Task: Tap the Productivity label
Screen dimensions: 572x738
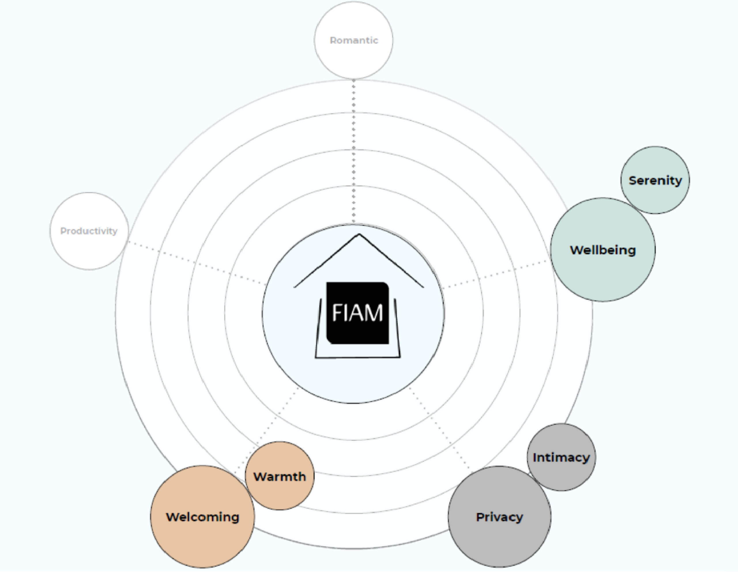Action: (89, 231)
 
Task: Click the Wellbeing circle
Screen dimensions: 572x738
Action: (603, 270)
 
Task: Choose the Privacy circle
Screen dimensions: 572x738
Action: (499, 537)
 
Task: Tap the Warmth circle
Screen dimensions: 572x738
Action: (279, 493)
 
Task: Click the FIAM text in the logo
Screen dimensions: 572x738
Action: (357, 313)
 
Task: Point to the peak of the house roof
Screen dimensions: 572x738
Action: (359, 234)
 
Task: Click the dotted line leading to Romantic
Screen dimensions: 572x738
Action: (353, 152)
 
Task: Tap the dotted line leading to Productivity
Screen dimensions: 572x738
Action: (196, 263)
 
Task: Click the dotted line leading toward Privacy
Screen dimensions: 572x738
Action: (439, 429)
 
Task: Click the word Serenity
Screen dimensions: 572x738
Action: (655, 180)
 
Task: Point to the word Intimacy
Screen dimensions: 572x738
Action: (561, 458)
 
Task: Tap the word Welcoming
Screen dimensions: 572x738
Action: (202, 517)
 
